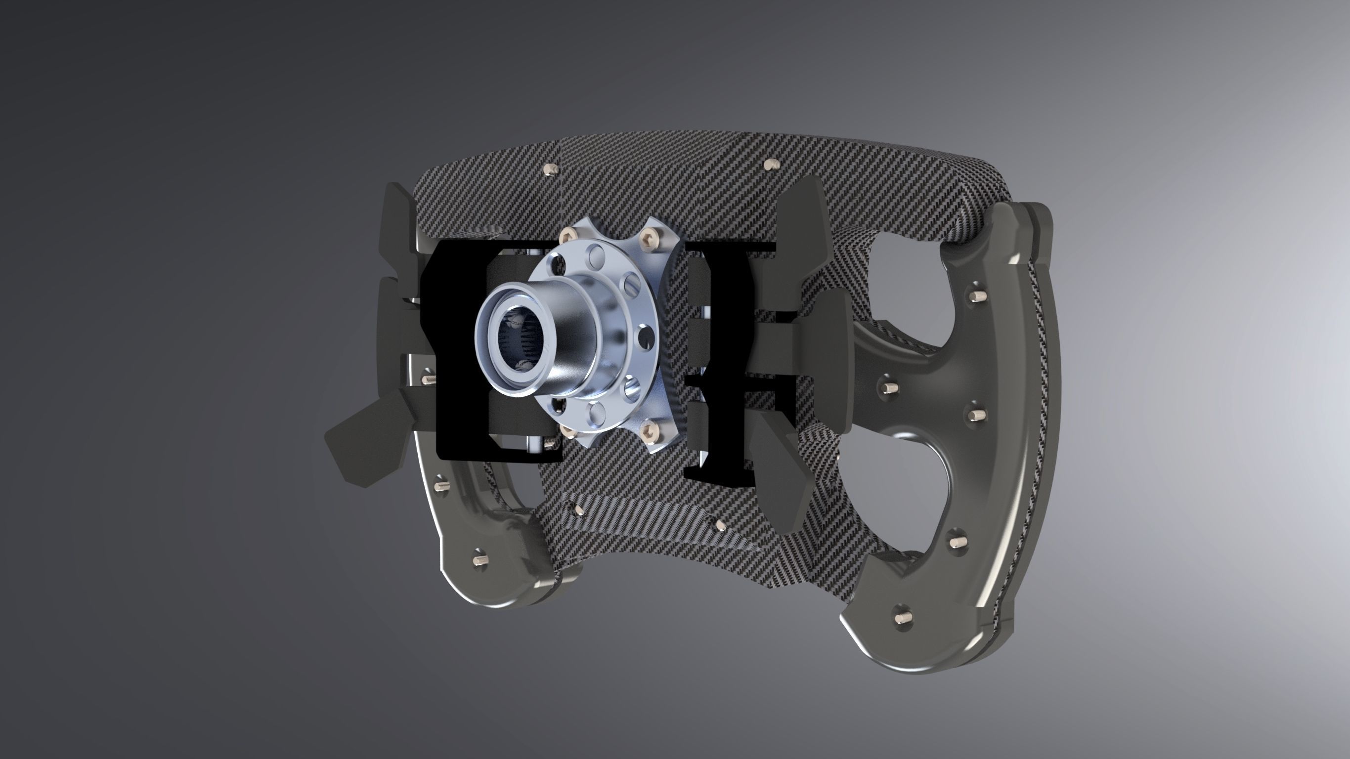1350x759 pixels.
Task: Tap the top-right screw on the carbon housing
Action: pyautogui.click(x=769, y=165)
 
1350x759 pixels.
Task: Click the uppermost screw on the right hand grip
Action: pyautogui.click(x=976, y=297)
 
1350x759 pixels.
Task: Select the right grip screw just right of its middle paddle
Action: pyautogui.click(x=889, y=387)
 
